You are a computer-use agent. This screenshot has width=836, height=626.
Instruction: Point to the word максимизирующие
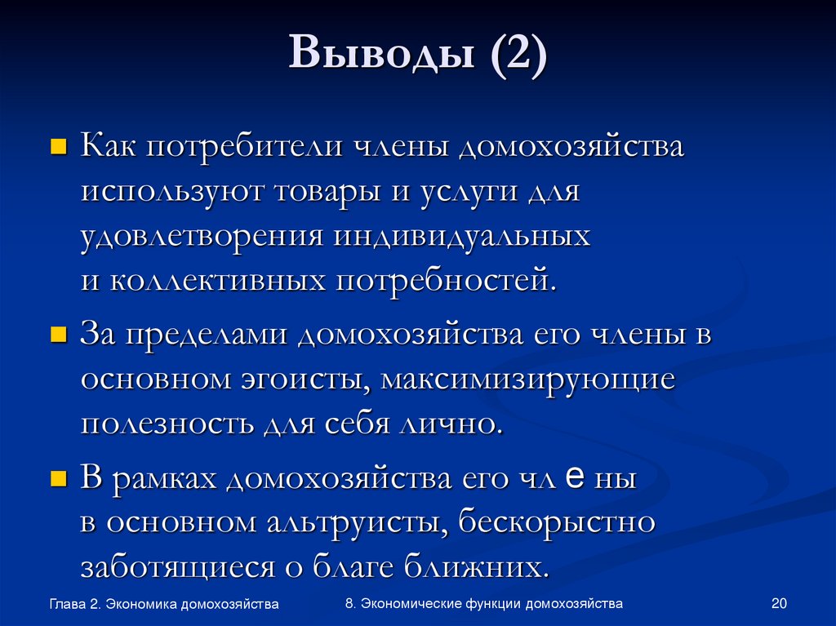point(526,380)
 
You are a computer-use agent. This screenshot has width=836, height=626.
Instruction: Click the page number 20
point(778,604)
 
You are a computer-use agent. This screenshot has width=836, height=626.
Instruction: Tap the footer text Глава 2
point(75,605)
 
